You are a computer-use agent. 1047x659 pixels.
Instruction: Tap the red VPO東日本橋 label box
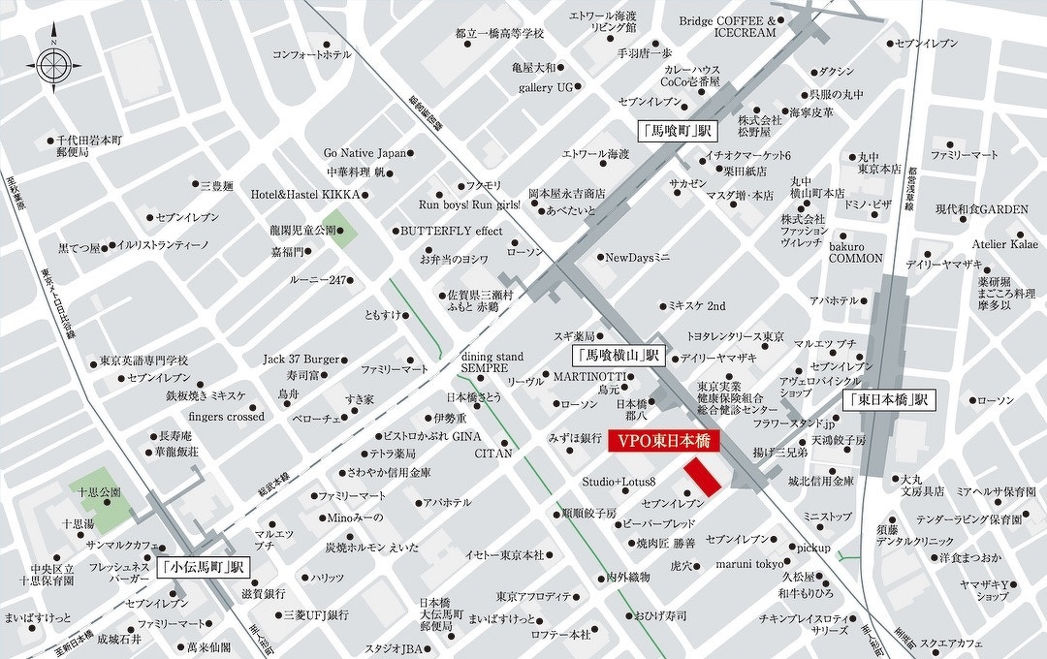click(663, 441)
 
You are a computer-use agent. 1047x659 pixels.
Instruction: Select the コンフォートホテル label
click(311, 54)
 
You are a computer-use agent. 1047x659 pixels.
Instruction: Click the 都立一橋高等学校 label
click(499, 33)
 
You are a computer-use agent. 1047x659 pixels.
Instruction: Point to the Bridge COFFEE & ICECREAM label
click(727, 26)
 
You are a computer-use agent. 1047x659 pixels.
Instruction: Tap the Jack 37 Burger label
click(301, 359)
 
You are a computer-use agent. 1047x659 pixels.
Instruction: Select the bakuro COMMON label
click(854, 252)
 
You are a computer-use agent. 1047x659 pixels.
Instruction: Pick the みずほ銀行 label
click(574, 438)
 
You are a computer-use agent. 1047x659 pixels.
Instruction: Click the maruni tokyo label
click(750, 564)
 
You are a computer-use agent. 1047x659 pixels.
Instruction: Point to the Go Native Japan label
click(365, 153)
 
